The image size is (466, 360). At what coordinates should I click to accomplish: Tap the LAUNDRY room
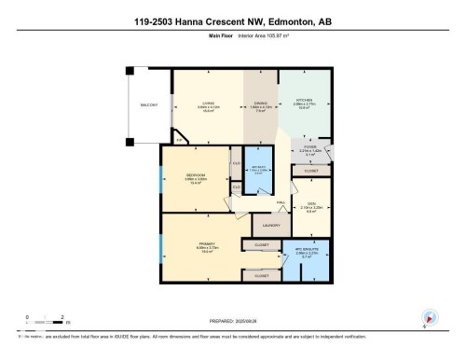(271, 225)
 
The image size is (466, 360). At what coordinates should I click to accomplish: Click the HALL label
(280, 201)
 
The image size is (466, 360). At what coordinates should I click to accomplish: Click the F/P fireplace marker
(180, 140)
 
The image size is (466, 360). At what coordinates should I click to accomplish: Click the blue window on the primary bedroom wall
(161, 248)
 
